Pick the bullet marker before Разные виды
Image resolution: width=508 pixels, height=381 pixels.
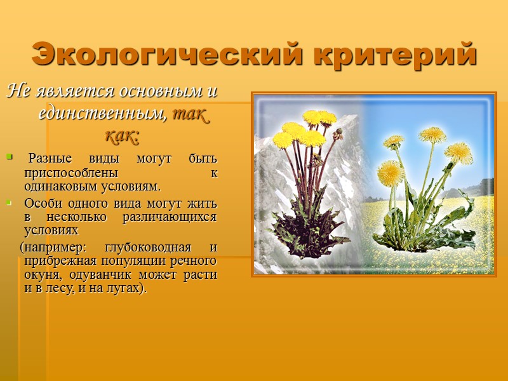click(x=9, y=156)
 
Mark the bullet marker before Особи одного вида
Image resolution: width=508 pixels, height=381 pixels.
click(x=9, y=203)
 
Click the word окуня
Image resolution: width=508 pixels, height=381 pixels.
click(x=42, y=275)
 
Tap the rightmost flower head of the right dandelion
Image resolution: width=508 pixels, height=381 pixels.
click(x=458, y=152)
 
